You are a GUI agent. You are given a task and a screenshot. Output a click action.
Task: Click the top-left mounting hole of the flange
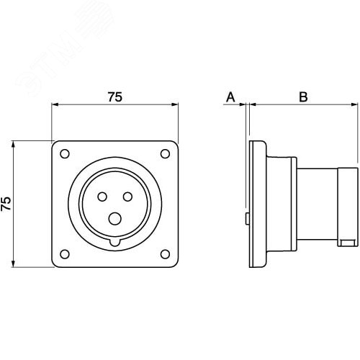[x=65, y=153]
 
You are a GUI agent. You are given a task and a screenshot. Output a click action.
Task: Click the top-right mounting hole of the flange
[x=165, y=153]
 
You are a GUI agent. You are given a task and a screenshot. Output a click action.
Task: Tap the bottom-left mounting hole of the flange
[x=65, y=254]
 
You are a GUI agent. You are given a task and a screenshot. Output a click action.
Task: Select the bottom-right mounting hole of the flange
[x=165, y=254]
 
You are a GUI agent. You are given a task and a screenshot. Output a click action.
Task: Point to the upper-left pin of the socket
[x=102, y=197]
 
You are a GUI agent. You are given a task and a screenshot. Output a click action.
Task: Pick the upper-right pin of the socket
[x=127, y=197]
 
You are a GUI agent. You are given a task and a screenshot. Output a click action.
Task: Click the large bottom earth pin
[x=114, y=219]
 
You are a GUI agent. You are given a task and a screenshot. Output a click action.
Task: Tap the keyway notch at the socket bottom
[x=115, y=242]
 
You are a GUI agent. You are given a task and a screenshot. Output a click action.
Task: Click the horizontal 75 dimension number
[x=115, y=97]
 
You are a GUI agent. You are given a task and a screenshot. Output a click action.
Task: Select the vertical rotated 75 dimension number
[x=6, y=204]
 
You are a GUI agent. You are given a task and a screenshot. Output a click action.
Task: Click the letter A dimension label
[x=230, y=97]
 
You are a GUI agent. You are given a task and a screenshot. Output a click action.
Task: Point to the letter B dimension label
[x=303, y=97]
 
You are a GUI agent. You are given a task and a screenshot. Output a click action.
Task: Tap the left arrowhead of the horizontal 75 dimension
[x=55, y=104]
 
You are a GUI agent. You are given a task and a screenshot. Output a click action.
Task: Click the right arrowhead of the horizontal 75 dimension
[x=175, y=104]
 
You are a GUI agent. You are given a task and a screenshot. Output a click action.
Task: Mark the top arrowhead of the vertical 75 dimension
[x=14, y=145]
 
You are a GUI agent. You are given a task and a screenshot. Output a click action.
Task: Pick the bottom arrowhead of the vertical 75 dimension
[x=14, y=264]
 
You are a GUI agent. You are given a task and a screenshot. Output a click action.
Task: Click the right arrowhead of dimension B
[x=354, y=104]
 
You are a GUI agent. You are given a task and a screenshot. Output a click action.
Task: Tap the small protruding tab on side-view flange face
[x=247, y=219]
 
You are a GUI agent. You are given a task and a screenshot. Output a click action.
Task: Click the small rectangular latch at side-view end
[x=346, y=243]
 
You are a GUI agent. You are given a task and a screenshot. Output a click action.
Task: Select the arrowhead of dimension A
[x=242, y=104]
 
